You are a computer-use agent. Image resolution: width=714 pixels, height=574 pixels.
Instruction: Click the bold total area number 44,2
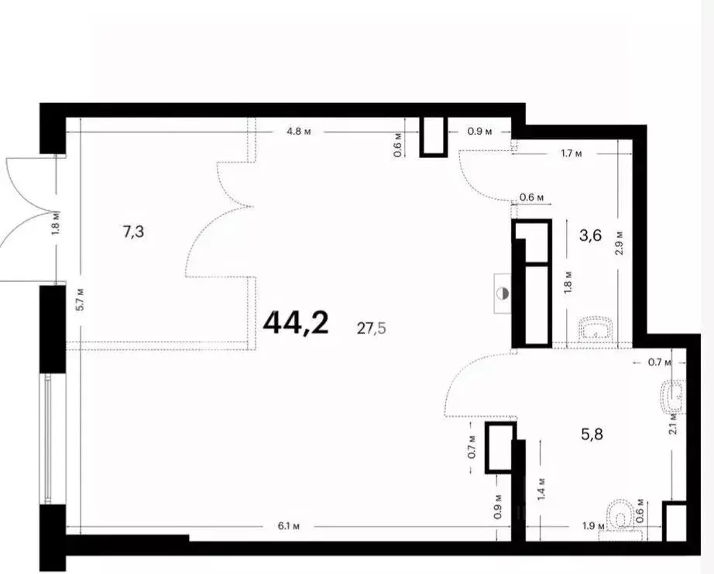coord(296,322)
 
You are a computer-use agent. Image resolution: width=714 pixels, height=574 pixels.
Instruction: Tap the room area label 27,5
coord(371,328)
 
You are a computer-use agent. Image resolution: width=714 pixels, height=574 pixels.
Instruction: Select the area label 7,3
coord(133,232)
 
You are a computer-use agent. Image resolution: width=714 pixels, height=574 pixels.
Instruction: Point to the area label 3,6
coord(591,235)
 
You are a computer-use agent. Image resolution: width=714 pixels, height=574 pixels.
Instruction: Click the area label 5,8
coord(592,434)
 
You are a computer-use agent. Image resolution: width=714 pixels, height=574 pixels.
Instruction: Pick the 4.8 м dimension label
coord(299,132)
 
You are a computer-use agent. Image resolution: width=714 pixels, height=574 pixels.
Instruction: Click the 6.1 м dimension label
coord(289,526)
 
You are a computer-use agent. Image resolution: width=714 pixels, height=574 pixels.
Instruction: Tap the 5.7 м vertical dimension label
coord(80,299)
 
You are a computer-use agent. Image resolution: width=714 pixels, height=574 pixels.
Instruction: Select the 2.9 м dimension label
coord(619,242)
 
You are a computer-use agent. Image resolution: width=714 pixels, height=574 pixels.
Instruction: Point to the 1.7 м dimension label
coord(571,153)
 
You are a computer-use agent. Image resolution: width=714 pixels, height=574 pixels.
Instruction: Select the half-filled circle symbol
coord(503,294)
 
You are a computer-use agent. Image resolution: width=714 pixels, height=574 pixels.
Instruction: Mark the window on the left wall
coord(47,438)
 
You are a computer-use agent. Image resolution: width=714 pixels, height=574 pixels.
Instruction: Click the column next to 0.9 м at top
coord(434,136)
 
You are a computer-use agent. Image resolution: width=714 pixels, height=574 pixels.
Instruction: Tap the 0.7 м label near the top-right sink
coord(659,363)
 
